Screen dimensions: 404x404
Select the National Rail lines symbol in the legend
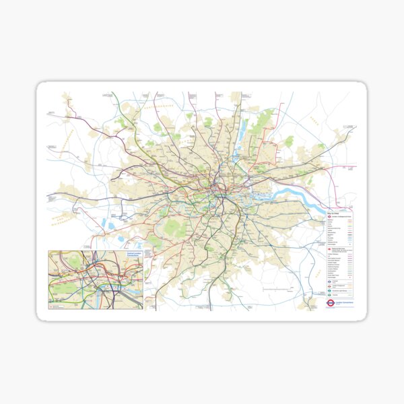[329, 248]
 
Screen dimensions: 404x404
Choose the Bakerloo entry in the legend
[331, 222]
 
